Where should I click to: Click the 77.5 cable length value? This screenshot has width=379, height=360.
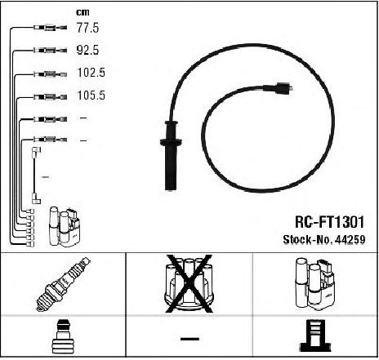coord(87,28)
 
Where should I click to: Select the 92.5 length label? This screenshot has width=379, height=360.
coord(87,51)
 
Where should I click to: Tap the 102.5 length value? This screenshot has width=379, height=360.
coord(91,73)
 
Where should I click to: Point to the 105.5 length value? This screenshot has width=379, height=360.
coord(91,96)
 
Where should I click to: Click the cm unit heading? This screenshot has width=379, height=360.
coord(82,12)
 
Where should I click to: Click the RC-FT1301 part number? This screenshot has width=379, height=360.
coord(329,222)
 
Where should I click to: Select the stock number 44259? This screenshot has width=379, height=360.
coord(350,240)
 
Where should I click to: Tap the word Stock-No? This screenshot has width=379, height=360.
coord(308,240)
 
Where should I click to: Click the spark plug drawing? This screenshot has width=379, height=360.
coord(63,284)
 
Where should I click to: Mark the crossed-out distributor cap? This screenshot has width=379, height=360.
coord(189,284)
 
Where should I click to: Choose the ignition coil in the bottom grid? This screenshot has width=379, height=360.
coord(315,284)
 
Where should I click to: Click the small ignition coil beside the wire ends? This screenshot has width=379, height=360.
coord(65,227)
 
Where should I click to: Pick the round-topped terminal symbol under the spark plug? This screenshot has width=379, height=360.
coord(63,337)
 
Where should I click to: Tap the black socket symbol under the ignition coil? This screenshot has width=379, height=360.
coord(315,336)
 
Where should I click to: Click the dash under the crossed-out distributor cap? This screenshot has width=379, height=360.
coord(189,339)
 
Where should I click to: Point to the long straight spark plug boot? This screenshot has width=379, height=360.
coord(171,155)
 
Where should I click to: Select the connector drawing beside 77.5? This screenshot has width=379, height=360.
coord(51,28)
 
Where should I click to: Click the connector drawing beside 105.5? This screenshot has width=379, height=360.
coord(51,96)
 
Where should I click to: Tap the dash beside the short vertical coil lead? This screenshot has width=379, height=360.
coord(45,177)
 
